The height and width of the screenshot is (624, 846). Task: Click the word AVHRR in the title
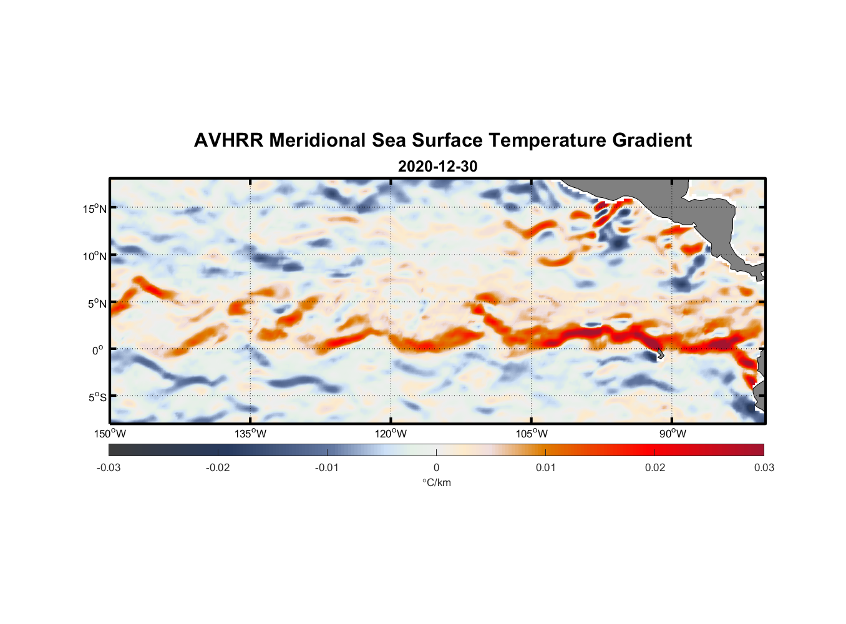coord(228,140)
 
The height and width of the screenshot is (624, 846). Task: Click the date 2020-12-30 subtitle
coord(437,167)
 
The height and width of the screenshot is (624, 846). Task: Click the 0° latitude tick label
coord(98,350)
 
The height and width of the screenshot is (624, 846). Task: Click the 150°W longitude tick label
coord(110,434)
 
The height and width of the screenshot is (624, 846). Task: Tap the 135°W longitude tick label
coord(250,434)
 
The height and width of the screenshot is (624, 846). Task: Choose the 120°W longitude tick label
coord(391,434)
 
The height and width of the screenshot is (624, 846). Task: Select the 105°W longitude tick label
coord(532,434)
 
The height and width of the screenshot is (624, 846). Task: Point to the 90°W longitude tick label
coord(673,434)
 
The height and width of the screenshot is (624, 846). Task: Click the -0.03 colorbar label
coord(109,467)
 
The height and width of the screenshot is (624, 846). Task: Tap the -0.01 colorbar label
coord(327,467)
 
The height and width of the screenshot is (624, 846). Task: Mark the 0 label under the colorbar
coord(436,467)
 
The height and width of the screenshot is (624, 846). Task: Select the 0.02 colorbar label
coord(655,467)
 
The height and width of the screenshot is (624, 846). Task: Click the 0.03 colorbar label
coord(764,467)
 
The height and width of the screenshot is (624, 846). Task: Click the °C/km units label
coord(437,482)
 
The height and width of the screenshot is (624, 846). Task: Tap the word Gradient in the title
coord(652,140)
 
